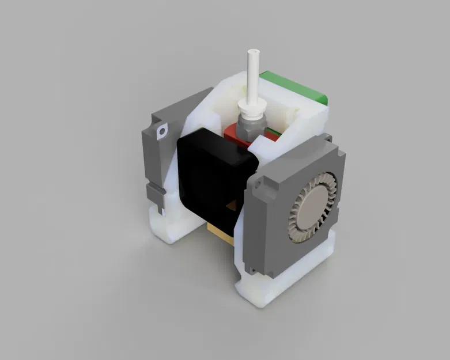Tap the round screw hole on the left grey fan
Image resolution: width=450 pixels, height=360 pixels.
coord(161,131)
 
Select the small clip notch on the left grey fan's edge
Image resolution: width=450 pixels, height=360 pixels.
coord(151,191)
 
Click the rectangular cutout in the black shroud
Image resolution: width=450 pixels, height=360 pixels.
coord(233,205)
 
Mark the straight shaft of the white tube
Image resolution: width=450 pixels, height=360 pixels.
coord(252,75)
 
